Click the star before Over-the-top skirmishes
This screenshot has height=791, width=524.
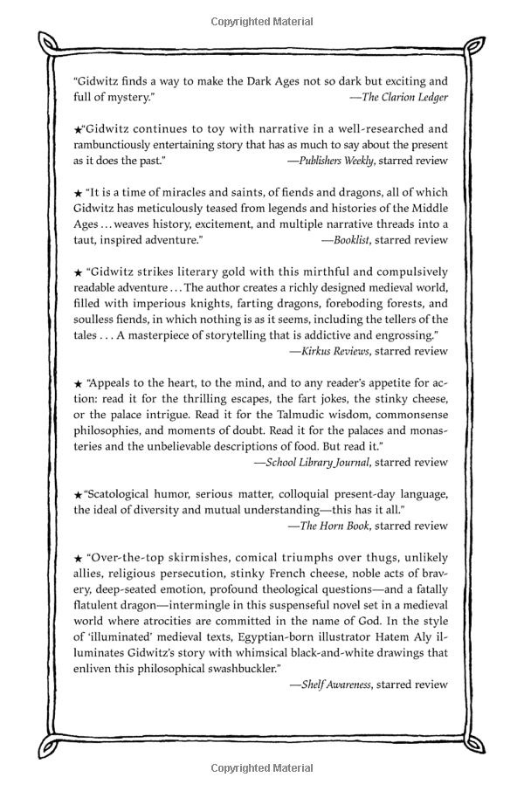click(78, 558)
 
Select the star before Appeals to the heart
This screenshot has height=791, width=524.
click(78, 383)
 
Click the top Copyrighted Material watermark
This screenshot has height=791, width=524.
click(262, 21)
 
